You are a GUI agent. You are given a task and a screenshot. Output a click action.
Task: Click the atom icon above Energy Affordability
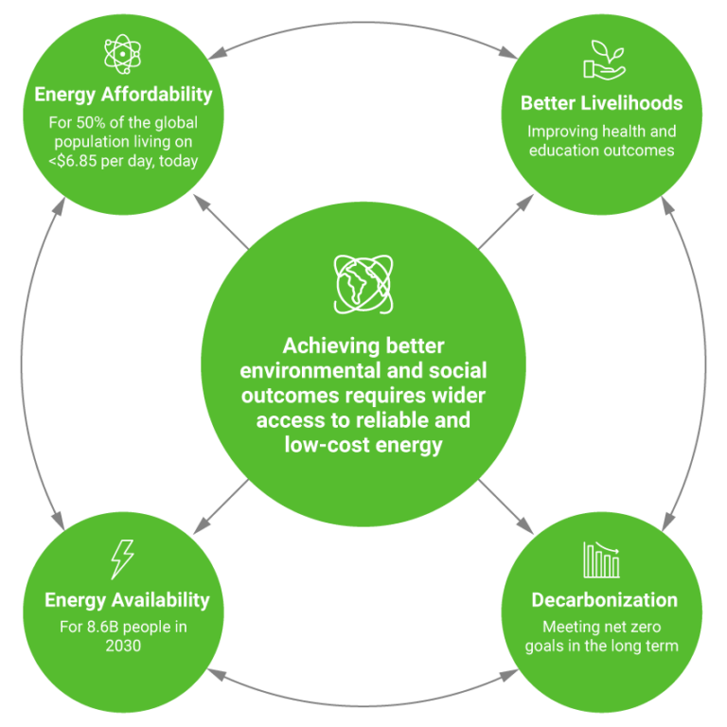point(122,54)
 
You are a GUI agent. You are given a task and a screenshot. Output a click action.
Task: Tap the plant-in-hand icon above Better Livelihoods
point(605,61)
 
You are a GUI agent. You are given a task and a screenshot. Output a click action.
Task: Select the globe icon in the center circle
point(363,284)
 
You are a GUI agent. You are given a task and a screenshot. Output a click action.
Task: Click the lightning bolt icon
point(122,559)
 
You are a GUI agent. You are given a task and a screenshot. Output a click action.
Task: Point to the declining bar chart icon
point(601,559)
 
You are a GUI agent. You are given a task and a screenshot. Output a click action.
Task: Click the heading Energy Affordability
point(123,94)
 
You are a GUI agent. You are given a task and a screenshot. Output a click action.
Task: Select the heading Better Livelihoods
point(601,103)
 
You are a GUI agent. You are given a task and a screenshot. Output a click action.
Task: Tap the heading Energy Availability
point(127,600)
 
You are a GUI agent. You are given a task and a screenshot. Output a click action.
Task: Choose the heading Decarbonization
point(604,600)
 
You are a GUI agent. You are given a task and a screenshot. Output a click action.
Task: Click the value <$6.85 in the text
point(73,161)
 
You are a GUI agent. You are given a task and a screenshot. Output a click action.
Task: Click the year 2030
point(123,646)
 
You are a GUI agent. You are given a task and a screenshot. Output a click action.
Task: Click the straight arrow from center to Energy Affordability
point(222,222)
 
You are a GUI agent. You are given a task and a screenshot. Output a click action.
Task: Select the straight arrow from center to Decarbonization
point(505,506)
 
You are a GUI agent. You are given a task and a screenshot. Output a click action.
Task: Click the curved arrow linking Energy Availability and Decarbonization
point(363,704)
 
